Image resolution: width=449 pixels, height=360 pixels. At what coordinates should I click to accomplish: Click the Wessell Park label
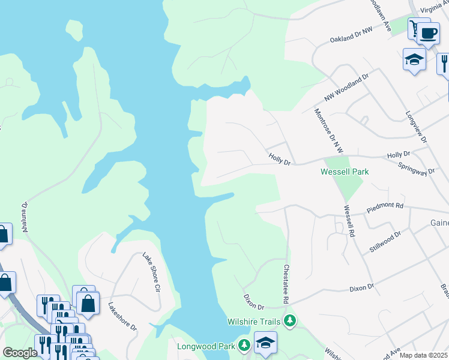pyautogui.click(x=344, y=172)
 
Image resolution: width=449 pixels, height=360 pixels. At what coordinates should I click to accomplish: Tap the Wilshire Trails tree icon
pyautogui.click(x=291, y=321)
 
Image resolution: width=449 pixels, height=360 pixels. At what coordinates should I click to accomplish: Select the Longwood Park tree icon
pyautogui.click(x=244, y=346)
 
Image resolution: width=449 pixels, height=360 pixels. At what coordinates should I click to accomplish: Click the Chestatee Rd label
pyautogui.click(x=287, y=284)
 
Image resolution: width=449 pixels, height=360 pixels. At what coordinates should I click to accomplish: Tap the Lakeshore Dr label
pyautogui.click(x=122, y=316)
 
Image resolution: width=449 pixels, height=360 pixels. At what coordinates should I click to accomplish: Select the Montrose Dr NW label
pyautogui.click(x=327, y=130)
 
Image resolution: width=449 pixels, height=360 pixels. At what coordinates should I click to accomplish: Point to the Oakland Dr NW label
pyautogui.click(x=351, y=35)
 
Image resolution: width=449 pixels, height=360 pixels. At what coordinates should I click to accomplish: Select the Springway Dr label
pyautogui.click(x=419, y=167)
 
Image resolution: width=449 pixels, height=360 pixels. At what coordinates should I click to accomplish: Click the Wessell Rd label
pyautogui.click(x=348, y=221)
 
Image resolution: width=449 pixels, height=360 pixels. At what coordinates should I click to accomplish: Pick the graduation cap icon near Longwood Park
pyautogui.click(x=265, y=343)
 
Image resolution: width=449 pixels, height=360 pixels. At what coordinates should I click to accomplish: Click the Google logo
pyautogui.click(x=20, y=353)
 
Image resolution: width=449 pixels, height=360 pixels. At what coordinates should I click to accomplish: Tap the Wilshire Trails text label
pyautogui.click(x=256, y=322)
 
